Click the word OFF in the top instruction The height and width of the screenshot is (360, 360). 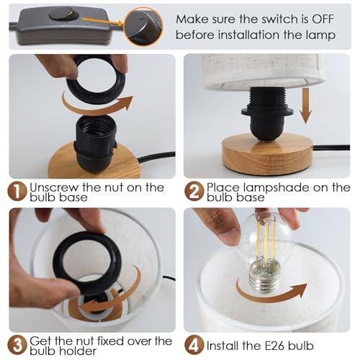pyautogui.click(x=323, y=19)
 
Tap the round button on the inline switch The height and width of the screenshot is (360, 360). pyautogui.click(x=63, y=14)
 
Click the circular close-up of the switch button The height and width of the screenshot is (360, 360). pyautogui.click(x=143, y=26)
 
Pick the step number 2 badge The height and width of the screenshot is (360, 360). pyautogui.click(x=193, y=192)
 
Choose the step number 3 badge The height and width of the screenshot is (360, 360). pyautogui.click(x=17, y=345)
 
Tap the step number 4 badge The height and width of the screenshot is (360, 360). pyautogui.click(x=194, y=345)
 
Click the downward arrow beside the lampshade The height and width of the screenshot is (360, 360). pyautogui.click(x=306, y=106)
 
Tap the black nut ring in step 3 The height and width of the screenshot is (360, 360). pyautogui.click(x=86, y=269)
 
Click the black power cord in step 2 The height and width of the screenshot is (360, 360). pyautogui.click(x=331, y=147)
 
